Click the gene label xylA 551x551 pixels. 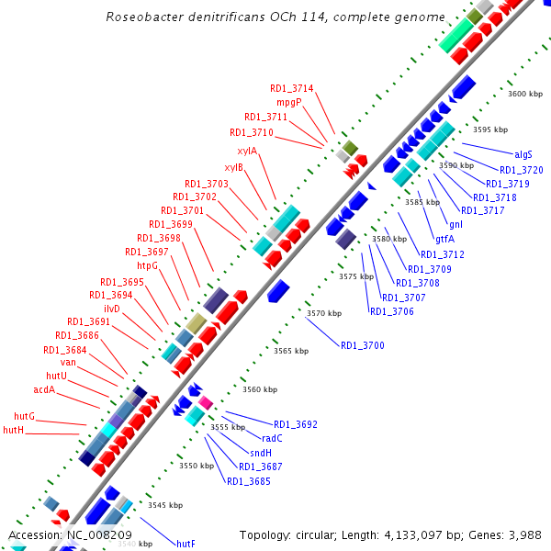(247, 151)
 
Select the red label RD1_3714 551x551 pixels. (291, 88)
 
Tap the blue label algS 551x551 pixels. (523, 154)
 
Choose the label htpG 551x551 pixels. (147, 265)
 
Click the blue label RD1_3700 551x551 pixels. (362, 345)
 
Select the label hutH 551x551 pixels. (13, 430)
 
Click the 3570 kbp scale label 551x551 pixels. (323, 313)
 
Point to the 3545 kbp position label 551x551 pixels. (165, 505)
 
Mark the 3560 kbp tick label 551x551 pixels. (259, 389)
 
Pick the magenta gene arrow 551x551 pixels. (205, 402)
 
